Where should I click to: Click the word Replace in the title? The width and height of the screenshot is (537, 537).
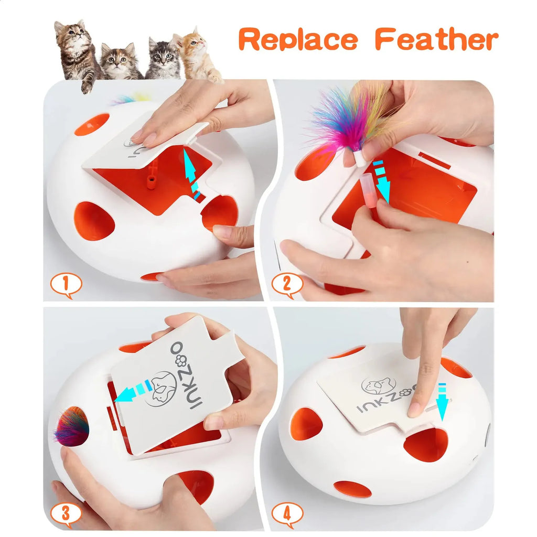(x=298, y=40)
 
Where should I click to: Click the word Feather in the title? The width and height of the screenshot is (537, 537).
(x=436, y=40)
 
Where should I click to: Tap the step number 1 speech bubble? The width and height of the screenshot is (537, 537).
(x=66, y=285)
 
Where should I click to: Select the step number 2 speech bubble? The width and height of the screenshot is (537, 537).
(x=287, y=285)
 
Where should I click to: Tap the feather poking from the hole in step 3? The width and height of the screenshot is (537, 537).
(x=72, y=427)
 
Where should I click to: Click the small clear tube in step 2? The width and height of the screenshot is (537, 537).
(x=369, y=191)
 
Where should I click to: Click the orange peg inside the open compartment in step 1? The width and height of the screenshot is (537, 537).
(x=152, y=181)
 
